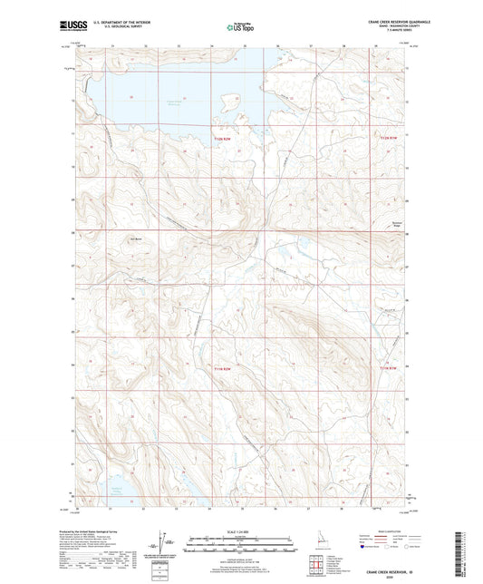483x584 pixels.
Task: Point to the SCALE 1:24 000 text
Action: pyautogui.click(x=241, y=531)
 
